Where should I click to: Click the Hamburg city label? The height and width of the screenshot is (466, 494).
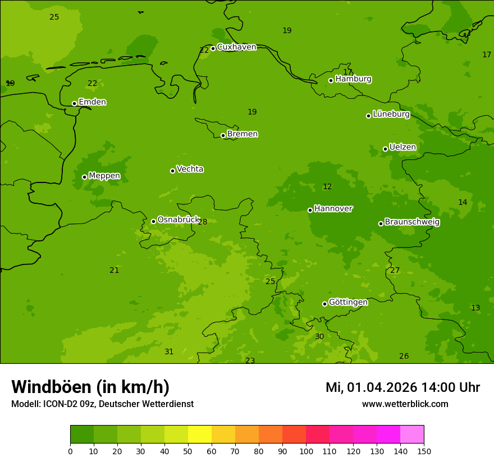point(353,79)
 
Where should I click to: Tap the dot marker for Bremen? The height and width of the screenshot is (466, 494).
point(223,135)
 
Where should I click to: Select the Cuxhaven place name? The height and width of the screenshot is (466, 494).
point(236,47)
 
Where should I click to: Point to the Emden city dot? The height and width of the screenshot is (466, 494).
point(74,103)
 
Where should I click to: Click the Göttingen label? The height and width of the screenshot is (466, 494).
point(348,303)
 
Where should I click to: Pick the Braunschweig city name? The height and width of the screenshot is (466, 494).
point(412,222)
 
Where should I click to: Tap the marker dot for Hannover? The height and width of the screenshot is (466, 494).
point(310,210)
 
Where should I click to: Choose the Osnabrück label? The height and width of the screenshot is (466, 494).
point(179,220)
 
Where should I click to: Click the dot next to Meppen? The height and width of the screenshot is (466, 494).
point(84,177)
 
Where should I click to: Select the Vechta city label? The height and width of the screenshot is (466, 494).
point(190,169)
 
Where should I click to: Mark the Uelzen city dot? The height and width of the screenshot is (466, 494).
point(385,149)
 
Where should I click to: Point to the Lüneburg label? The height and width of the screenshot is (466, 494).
point(391,115)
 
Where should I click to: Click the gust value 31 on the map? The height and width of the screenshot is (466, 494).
point(169,352)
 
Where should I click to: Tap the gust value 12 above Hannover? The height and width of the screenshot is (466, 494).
point(327,187)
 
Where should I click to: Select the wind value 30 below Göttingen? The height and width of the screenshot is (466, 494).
point(319,337)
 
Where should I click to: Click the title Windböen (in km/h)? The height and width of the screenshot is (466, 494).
point(90,387)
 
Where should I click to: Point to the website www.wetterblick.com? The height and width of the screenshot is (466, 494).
point(405,404)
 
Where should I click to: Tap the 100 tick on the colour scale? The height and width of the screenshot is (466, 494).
point(306,451)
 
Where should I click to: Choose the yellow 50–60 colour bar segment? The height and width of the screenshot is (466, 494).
point(199,435)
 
